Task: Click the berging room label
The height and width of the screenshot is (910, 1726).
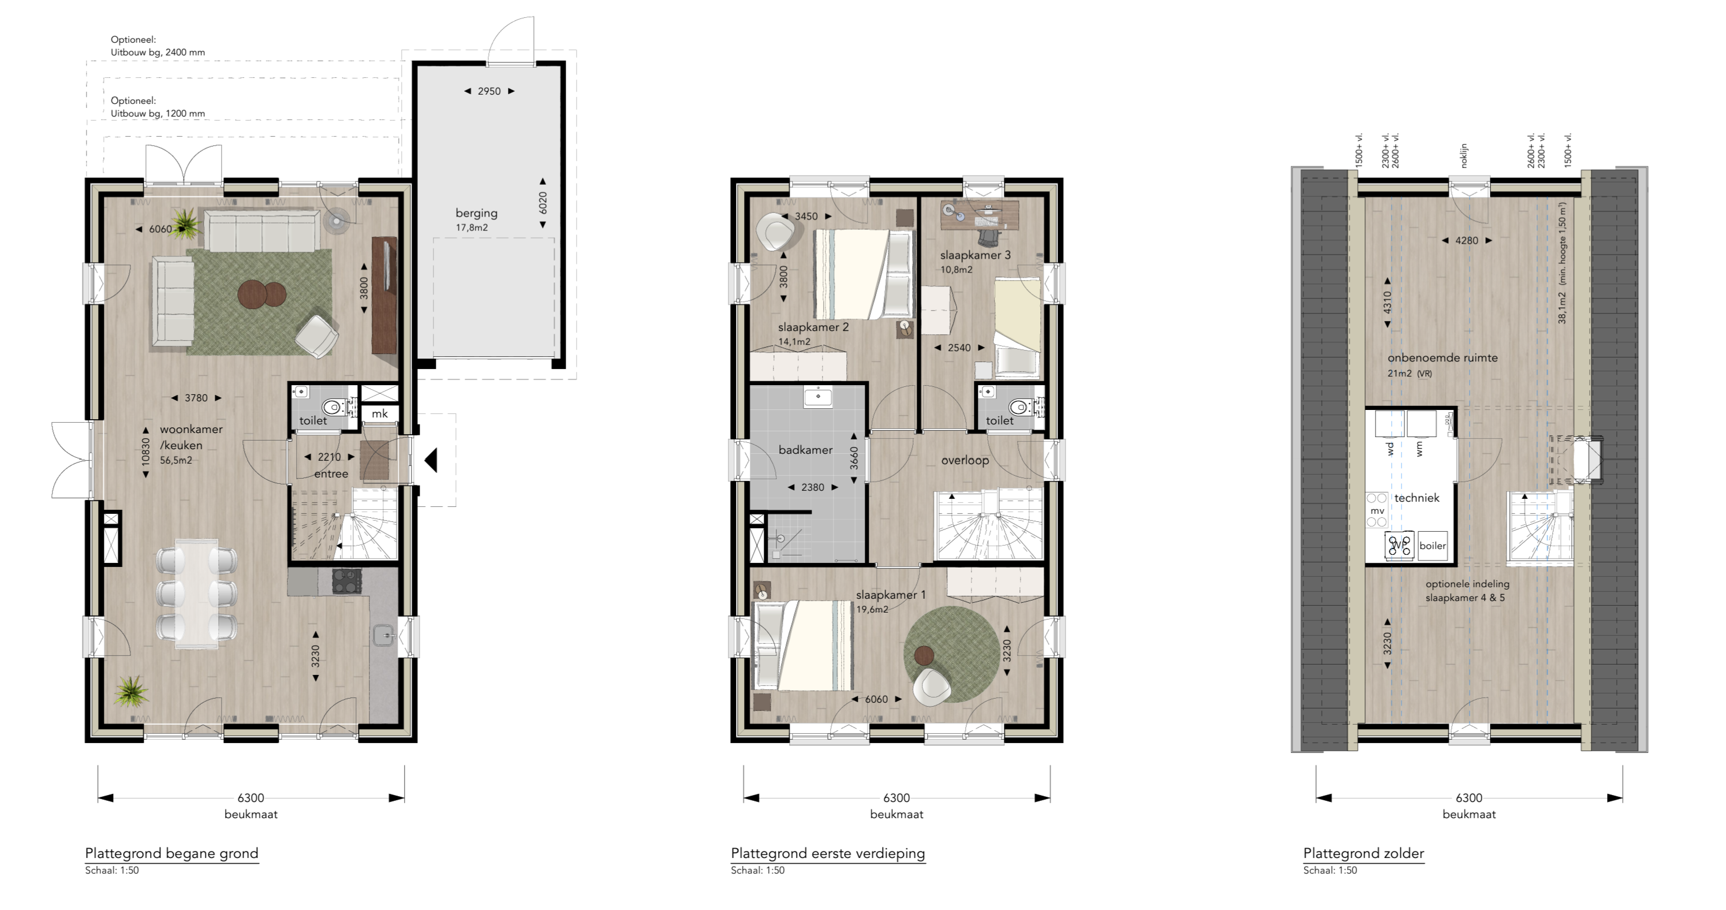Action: click(476, 213)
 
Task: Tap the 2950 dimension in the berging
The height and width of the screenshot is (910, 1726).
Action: click(489, 91)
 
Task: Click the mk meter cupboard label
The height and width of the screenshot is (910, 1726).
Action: click(379, 413)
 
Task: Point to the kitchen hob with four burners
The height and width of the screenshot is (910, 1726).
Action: click(347, 581)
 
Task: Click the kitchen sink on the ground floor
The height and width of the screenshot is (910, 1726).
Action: click(383, 635)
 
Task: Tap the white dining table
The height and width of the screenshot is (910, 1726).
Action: click(196, 593)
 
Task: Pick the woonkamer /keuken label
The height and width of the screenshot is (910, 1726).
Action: click(190, 437)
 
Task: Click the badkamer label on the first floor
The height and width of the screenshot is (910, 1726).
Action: click(805, 450)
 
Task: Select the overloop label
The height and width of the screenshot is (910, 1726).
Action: click(965, 460)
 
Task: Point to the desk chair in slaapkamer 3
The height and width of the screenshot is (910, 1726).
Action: click(989, 237)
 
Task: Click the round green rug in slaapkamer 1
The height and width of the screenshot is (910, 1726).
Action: click(951, 654)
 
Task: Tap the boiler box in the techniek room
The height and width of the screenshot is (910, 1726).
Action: click(1433, 546)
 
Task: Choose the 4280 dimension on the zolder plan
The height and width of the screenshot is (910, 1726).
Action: click(1467, 241)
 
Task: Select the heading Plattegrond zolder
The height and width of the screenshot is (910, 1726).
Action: click(1363, 853)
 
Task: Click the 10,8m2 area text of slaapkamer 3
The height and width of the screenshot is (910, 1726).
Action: click(956, 270)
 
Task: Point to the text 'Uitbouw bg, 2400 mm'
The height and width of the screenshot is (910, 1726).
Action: click(158, 53)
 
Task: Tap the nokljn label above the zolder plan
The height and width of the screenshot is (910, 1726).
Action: click(1463, 155)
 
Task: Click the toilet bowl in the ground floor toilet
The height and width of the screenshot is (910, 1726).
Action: click(333, 406)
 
